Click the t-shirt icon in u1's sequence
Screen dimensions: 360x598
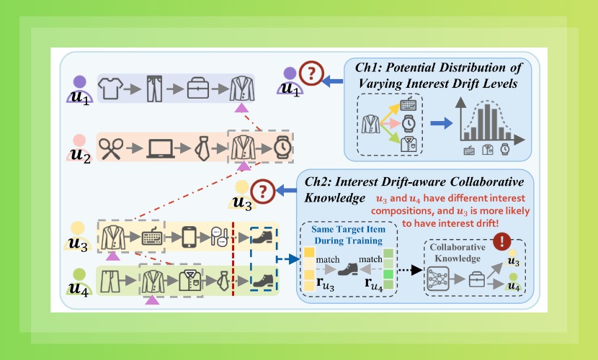click(x=109, y=89)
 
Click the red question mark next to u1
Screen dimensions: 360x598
click(x=310, y=72)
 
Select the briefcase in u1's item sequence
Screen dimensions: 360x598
click(x=198, y=89)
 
